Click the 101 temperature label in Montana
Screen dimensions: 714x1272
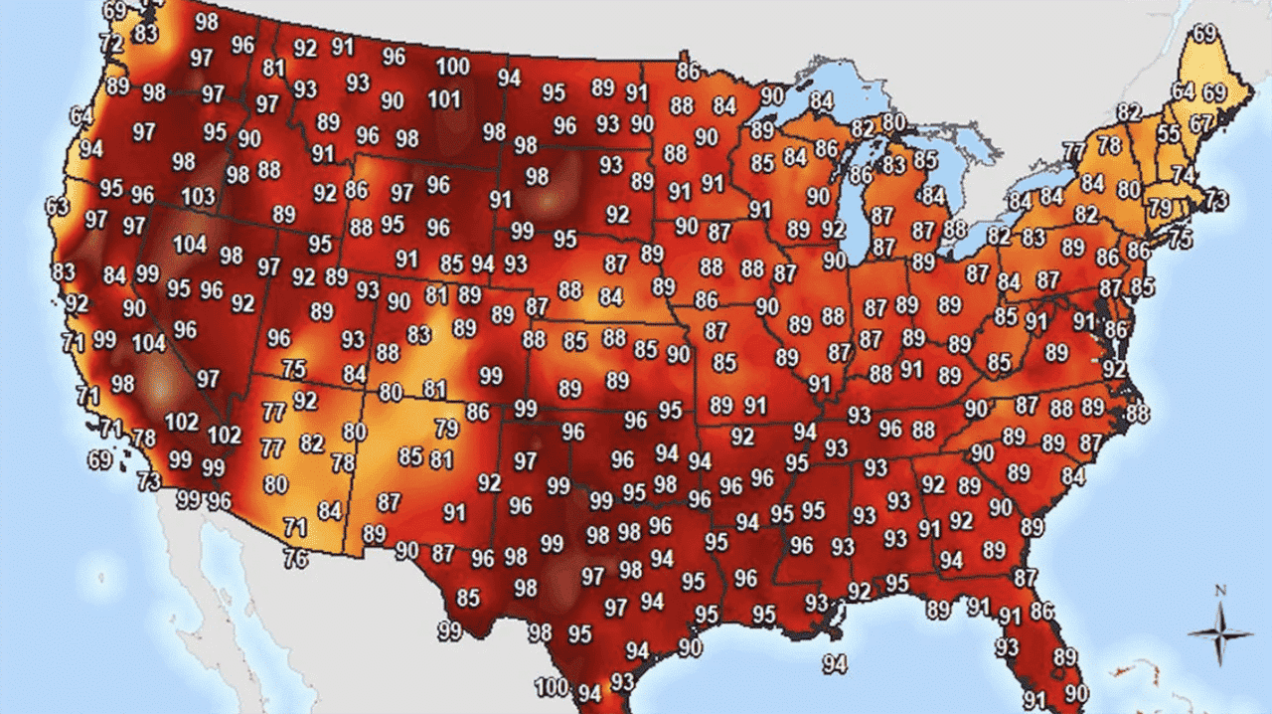click(444, 99)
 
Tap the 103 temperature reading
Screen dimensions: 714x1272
click(199, 196)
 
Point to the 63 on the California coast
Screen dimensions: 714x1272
click(58, 207)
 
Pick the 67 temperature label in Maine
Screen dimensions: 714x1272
click(1201, 124)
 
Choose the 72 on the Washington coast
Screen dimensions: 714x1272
click(111, 44)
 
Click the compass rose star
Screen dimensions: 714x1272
click(1220, 633)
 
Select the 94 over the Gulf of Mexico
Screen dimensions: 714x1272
click(835, 663)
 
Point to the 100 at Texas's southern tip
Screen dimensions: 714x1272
click(552, 686)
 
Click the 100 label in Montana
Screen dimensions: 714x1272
click(453, 67)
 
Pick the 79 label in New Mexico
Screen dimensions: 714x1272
click(446, 430)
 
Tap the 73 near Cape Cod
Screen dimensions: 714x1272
click(1215, 199)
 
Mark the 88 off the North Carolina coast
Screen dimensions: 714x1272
click(1137, 413)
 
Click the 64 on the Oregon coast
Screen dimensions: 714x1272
click(81, 116)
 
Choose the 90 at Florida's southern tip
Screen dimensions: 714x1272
click(1076, 692)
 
